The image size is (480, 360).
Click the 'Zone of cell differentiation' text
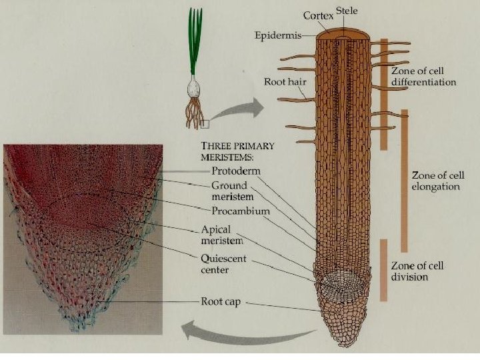424,77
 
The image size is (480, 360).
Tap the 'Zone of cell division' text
418,271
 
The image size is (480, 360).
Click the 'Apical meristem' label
220,233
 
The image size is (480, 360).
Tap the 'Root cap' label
221,301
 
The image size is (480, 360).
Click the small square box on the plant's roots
205,123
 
